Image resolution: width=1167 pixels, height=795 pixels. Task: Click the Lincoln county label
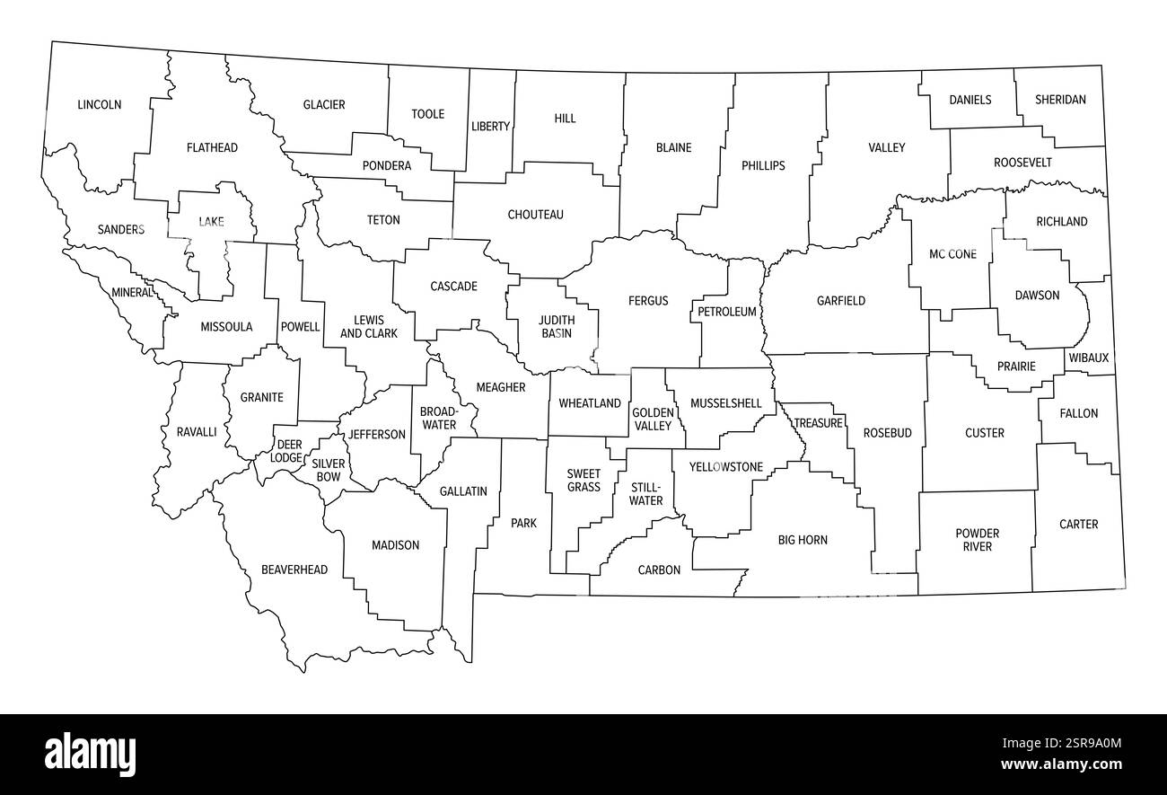pos(99,105)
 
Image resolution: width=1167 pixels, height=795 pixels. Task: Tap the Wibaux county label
pos(1089,358)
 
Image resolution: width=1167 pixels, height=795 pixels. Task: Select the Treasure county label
pos(818,423)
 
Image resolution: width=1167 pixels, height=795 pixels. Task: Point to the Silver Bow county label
pos(329,470)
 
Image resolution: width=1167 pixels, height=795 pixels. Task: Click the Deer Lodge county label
pos(288,451)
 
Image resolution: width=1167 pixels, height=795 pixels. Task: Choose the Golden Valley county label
pos(653,419)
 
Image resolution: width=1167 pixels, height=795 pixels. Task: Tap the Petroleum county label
pos(727,312)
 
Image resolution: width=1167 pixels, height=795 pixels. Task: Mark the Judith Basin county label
pos(556,326)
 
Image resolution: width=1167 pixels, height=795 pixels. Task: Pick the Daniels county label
pos(970,100)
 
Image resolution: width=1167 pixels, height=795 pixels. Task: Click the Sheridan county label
pos(1060,100)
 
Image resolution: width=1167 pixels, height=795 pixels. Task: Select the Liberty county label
pos(490,127)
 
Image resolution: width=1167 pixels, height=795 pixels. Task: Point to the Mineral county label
pos(132,292)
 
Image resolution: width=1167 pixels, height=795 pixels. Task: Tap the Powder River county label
pos(978,540)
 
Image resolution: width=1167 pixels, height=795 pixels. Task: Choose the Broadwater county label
pos(438,418)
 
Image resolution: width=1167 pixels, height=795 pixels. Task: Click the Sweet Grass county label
pos(583,480)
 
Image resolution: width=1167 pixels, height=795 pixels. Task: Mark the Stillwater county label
pos(646,493)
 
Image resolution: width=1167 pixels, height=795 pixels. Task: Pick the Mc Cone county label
pos(952,254)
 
